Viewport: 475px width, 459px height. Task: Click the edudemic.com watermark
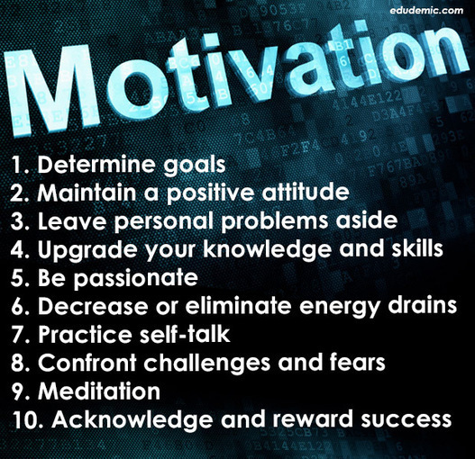(426, 11)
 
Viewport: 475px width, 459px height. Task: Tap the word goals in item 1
(195, 166)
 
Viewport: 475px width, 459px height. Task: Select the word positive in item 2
(210, 193)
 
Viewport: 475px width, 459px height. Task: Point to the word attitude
(306, 192)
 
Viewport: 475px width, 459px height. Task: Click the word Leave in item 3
(72, 220)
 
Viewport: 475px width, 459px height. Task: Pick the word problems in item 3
(275, 220)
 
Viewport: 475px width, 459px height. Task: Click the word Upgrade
(87, 250)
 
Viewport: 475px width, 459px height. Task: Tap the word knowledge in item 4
(267, 249)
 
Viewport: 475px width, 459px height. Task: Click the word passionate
(136, 278)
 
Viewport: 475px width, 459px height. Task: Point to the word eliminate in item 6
(238, 305)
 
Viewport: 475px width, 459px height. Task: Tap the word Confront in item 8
(87, 362)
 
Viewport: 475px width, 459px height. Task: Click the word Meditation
(99, 391)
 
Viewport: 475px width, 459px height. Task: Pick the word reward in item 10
(313, 419)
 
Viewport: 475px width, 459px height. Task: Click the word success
(406, 420)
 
